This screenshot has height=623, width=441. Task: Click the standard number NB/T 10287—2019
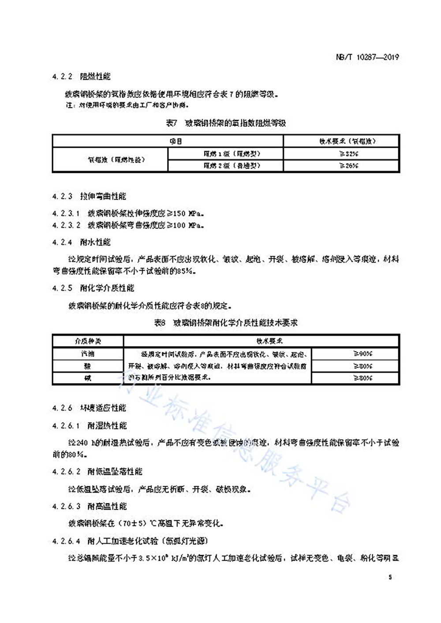[x=367, y=57]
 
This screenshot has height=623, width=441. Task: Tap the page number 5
[x=390, y=577]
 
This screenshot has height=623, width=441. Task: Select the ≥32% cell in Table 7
[x=349, y=154]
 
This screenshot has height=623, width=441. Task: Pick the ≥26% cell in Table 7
[x=349, y=166]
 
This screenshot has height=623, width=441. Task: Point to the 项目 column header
[x=176, y=141]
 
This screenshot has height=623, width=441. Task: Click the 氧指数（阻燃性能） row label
[x=116, y=160]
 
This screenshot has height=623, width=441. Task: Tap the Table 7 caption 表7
[x=172, y=123]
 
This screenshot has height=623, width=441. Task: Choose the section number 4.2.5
[x=62, y=288]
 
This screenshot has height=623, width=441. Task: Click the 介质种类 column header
[x=88, y=341]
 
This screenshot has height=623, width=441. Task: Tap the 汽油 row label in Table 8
[x=88, y=354]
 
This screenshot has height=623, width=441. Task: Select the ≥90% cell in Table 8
[x=363, y=354]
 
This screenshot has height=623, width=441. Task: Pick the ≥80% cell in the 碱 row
[x=363, y=378]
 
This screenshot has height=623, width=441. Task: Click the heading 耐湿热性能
[x=107, y=425]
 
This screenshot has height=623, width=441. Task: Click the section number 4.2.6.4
[x=66, y=541]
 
